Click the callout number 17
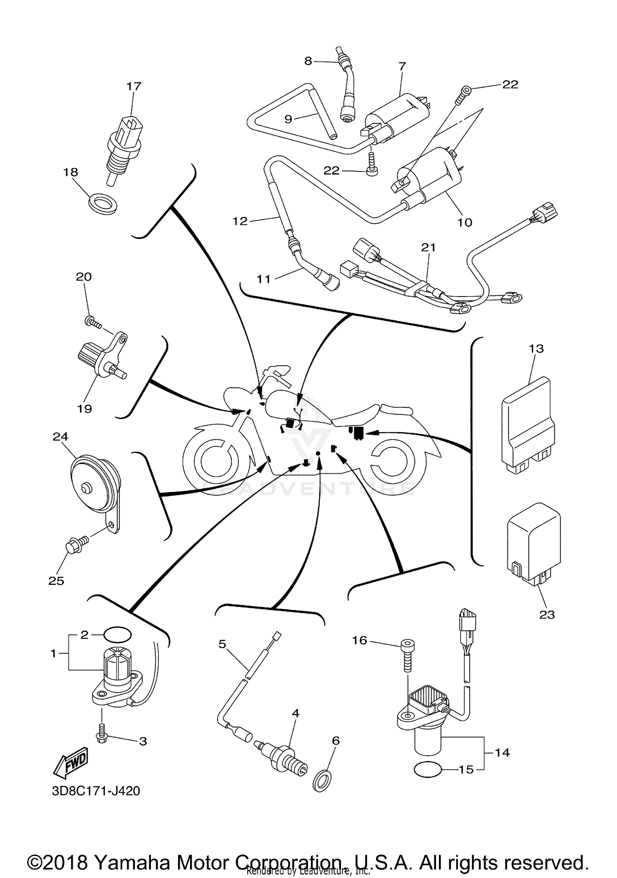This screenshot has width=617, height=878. (134, 86)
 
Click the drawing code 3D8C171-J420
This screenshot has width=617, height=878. (96, 791)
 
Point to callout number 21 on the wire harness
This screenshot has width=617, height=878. (428, 247)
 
